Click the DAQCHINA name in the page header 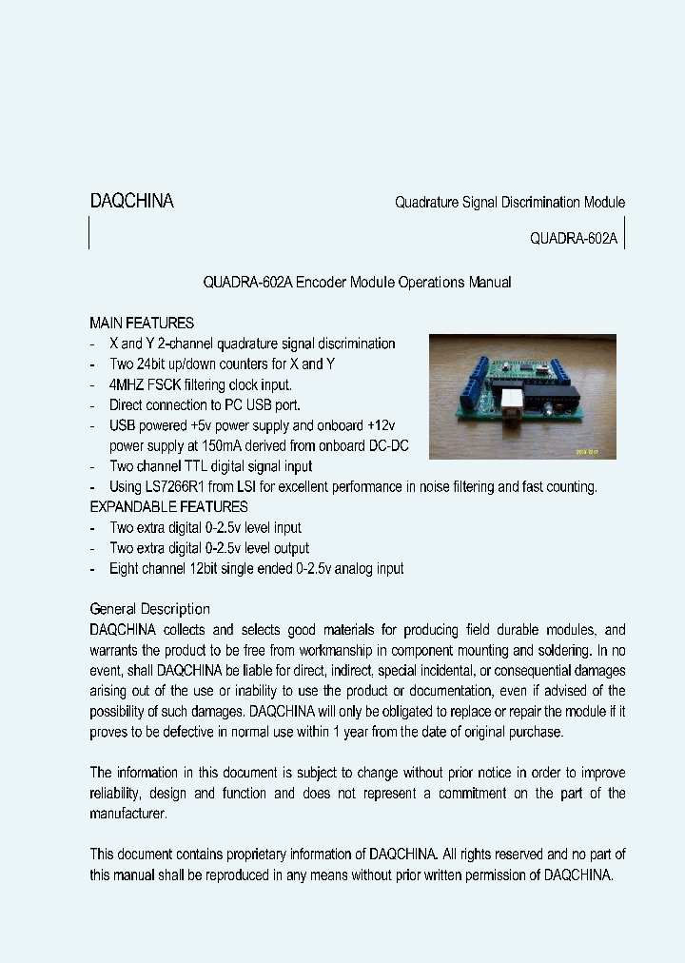coord(131,202)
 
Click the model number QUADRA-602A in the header coord(574,240)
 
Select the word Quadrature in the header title coord(425,203)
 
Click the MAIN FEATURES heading coord(142,323)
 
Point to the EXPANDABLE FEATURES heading coord(168,506)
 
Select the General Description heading coord(149,609)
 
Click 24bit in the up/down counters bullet coord(153,364)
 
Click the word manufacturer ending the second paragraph coord(127,814)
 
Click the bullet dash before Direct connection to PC coord(92,405)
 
